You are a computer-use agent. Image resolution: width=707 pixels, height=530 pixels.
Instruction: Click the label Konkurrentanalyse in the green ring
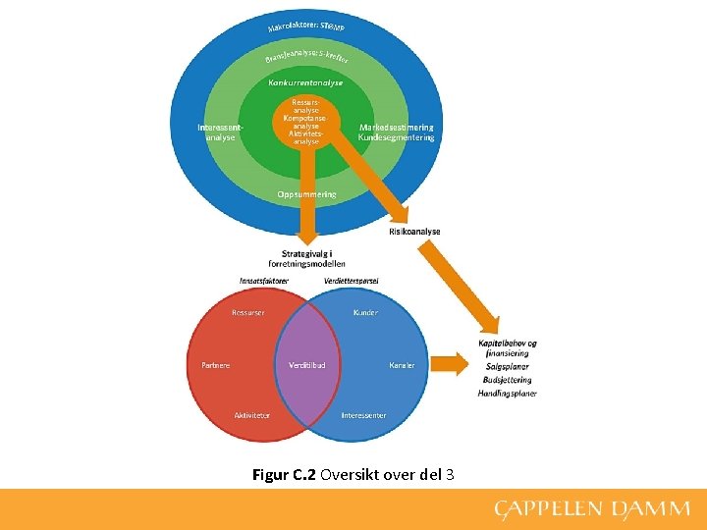coord(305,83)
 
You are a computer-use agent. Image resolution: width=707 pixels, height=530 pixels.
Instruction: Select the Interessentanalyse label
coord(220,132)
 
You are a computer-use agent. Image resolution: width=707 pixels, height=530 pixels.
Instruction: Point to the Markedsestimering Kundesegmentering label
coord(396,132)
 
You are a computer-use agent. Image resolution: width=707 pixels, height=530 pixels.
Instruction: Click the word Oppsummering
coord(306,194)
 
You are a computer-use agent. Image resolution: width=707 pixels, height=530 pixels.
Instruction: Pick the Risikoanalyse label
coord(414,232)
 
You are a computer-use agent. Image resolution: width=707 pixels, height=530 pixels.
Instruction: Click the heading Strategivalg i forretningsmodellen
coord(306,258)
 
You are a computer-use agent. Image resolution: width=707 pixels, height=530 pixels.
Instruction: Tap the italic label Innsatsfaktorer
coord(264,281)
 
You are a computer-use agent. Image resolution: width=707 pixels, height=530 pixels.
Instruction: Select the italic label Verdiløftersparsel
coord(351,281)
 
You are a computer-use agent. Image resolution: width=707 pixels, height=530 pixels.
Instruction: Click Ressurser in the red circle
coord(247,313)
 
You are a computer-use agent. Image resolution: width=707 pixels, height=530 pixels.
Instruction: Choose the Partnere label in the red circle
coord(216,365)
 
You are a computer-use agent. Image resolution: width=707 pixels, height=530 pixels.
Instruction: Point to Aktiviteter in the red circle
coord(252,415)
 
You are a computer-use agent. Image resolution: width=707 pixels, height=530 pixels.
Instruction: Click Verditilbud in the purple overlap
coord(307,365)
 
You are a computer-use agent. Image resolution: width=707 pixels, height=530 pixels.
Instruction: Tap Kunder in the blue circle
coord(365,313)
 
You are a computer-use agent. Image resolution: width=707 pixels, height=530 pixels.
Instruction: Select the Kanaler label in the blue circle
coord(402,365)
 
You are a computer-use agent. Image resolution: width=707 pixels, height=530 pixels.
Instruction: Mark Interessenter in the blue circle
coord(363,415)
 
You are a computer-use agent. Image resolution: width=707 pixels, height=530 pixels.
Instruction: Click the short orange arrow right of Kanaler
coord(451,364)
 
